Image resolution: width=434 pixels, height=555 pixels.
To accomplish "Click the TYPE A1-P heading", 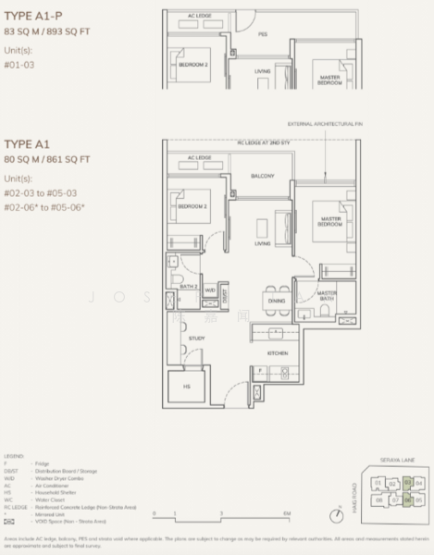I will click(x=32, y=13).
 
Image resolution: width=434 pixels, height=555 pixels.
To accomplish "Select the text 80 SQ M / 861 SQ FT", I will click(x=47, y=159).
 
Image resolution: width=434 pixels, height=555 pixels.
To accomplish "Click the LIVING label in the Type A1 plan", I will click(x=262, y=244).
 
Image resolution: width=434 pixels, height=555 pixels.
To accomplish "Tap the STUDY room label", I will click(x=196, y=339).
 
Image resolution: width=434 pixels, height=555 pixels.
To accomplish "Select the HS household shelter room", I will click(x=186, y=387).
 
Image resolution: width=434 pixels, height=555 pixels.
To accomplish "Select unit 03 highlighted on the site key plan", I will click(x=406, y=482).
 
